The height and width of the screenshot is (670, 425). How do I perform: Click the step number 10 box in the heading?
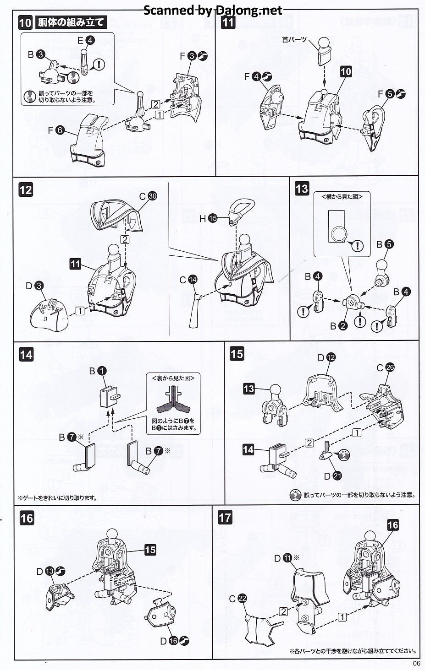click(x=25, y=22)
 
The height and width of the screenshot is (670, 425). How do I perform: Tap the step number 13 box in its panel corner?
click(x=302, y=189)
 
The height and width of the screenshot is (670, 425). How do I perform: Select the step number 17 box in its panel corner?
click(x=225, y=518)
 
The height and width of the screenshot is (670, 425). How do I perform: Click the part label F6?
click(x=56, y=130)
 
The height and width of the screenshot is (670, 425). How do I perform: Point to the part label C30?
click(x=148, y=196)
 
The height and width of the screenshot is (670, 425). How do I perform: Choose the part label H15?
click(x=207, y=219)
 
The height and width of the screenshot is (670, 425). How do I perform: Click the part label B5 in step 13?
click(x=384, y=244)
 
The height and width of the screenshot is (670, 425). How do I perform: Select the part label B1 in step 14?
click(x=97, y=371)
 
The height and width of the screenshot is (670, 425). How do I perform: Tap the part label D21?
click(x=332, y=476)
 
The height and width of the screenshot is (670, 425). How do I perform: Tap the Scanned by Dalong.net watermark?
click(x=213, y=10)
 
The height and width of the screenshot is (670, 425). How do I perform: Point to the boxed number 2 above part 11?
click(x=125, y=239)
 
